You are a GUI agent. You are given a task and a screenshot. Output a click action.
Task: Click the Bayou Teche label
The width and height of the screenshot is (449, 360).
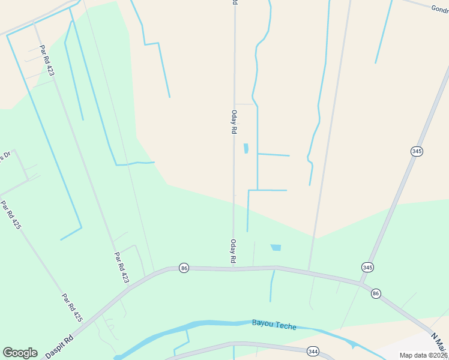pos(274,325)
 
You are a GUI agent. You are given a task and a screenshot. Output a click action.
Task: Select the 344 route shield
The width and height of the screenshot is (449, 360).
pos(312,350)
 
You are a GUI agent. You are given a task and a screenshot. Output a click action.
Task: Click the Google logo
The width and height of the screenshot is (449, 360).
pos(20,353)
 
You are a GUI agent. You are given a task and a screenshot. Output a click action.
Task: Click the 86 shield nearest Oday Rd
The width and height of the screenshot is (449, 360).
pos(184,268)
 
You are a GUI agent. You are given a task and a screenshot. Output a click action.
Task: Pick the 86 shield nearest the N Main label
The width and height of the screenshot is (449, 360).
pos(376,293)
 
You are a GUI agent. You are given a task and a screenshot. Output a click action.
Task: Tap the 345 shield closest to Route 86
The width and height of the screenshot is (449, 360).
pos(367,266)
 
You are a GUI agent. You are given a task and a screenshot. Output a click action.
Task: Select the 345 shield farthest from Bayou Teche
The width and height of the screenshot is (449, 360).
pos(417,151)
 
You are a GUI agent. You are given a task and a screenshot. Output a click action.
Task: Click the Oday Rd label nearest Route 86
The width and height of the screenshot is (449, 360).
pos(233,252)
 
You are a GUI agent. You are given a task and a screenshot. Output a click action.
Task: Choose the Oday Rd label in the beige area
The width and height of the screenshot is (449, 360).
pos(234,122)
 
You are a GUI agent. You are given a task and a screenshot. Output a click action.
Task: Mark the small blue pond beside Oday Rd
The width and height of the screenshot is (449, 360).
pos(246,148)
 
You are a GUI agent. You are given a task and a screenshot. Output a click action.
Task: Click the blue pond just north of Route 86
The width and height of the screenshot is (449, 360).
pos(276,247)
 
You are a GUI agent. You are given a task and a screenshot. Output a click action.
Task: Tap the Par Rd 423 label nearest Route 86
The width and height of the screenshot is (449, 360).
pos(121,267)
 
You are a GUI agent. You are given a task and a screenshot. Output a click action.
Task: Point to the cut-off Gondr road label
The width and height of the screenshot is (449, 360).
pos(439,8)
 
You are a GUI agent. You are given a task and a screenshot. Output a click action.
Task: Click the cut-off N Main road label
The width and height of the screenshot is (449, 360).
pos(440,342)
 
